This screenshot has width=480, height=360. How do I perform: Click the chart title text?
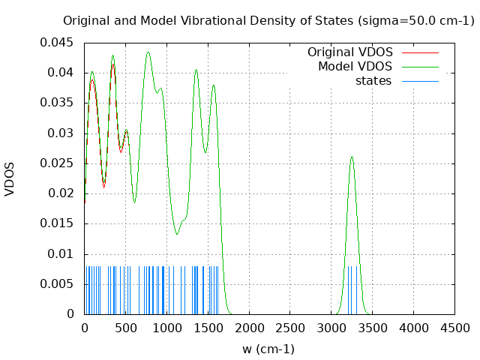[268, 21]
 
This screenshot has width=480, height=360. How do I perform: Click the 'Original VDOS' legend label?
[350, 52]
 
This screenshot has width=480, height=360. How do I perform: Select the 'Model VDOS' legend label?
[355, 67]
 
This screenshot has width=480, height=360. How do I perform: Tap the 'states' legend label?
[373, 80]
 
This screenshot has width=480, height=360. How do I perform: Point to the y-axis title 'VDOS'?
[10, 179]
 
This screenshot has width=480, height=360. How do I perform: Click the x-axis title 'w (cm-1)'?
[268, 349]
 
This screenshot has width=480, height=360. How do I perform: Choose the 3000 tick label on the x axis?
[331, 328]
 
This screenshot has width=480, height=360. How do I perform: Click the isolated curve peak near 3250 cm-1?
[352, 157]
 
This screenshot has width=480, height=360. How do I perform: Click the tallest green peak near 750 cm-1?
[148, 52]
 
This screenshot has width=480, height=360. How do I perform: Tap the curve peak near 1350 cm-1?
[196, 70]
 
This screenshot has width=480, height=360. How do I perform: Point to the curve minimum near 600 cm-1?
[134, 202]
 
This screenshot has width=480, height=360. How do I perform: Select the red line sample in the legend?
[420, 52]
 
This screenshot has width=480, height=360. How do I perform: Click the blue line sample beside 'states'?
[420, 80]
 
